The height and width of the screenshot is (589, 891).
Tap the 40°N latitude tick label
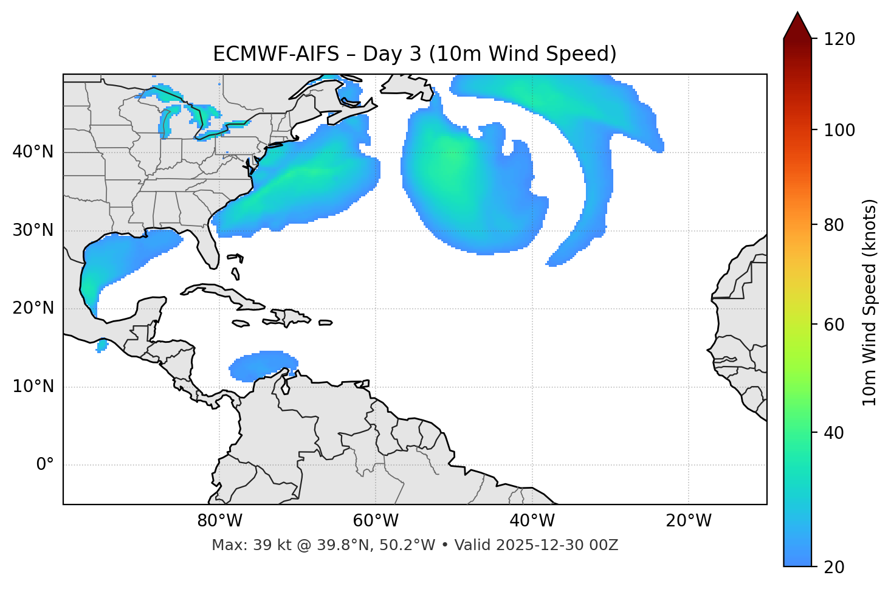click(x=33, y=152)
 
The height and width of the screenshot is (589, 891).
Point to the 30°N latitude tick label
click(x=33, y=230)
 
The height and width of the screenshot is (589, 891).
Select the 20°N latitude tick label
click(x=33, y=308)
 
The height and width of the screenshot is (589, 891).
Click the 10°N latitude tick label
click(x=33, y=387)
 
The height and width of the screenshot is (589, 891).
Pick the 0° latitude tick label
click(x=44, y=465)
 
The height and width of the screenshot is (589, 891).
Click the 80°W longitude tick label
click(x=219, y=521)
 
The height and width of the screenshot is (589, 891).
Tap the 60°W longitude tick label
click(x=376, y=521)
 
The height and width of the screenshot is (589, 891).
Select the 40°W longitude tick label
click(x=532, y=521)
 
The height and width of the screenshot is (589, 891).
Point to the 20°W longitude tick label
click(x=689, y=521)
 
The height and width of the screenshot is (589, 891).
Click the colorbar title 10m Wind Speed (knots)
click(x=870, y=302)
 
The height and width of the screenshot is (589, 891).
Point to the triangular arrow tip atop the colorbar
click(x=797, y=24)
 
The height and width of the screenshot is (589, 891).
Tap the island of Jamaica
click(x=241, y=324)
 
